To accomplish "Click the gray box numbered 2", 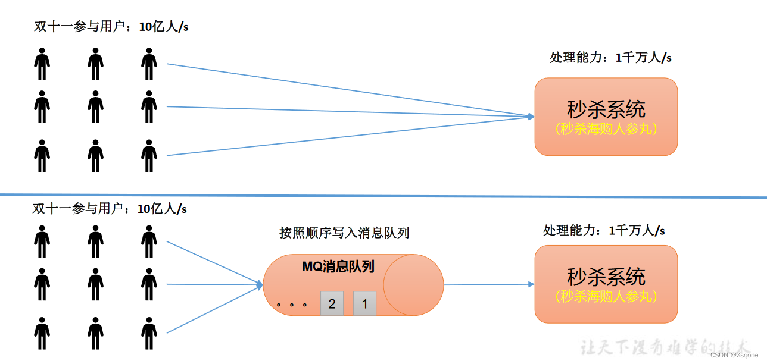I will coord(332,303).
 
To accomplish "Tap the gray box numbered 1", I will coord(364,303).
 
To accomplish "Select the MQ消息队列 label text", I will coord(338,266).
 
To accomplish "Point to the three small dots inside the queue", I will coord(292,305).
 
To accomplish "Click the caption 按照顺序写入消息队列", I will coord(344,233).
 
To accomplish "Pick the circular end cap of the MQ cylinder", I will coord(413,285).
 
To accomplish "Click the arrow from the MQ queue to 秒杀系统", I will coord(488,285).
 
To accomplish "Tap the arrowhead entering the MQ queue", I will coord(260,285).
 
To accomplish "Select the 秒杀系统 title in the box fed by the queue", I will coord(606,277).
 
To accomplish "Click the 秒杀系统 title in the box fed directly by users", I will coord(606,109).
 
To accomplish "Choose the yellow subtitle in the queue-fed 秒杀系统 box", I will coord(606,296).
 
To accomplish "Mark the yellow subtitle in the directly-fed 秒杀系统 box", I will coord(606,128).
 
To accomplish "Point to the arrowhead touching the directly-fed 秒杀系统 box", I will coord(531,117).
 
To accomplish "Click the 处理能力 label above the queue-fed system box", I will coord(604,231).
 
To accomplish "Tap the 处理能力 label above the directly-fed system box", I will coord(610,58).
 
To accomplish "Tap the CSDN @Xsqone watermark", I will coord(734,354).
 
